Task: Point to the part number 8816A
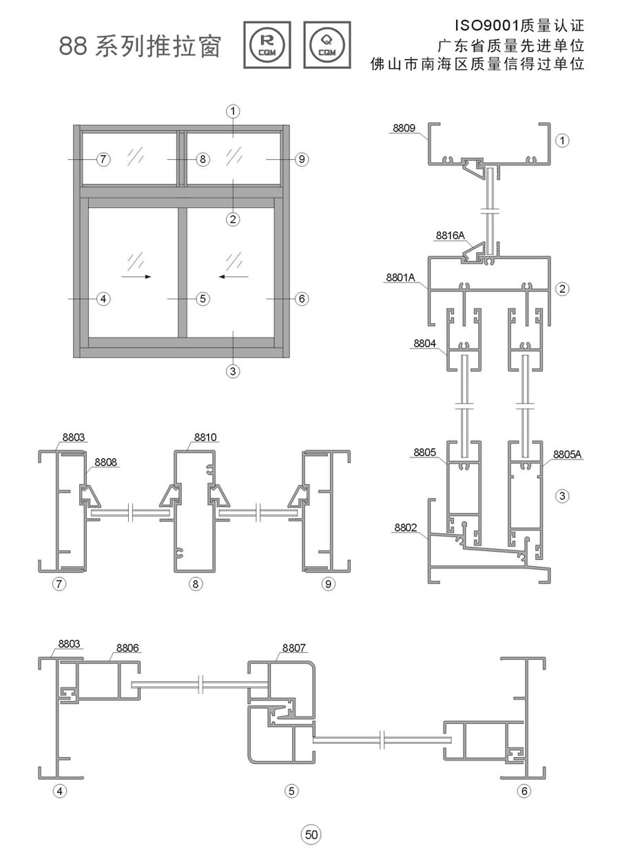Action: click(x=450, y=235)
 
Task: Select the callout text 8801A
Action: click(x=400, y=278)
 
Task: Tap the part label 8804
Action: click(x=424, y=342)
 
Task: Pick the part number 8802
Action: click(x=406, y=528)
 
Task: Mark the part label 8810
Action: click(x=205, y=437)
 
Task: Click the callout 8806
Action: click(x=127, y=647)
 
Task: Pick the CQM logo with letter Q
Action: click(x=327, y=45)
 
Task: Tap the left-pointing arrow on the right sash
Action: click(x=234, y=276)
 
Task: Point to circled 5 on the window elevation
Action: click(x=202, y=299)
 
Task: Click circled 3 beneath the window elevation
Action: click(x=233, y=371)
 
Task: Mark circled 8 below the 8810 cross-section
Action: click(x=196, y=584)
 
